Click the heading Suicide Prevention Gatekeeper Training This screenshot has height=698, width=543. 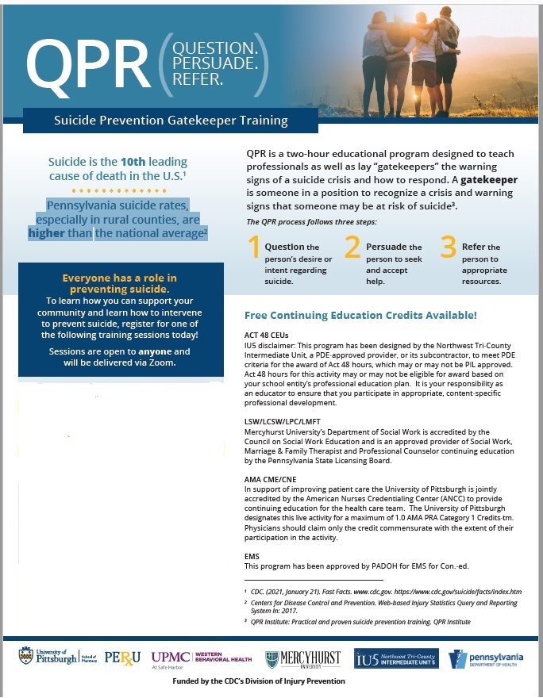[x=171, y=121]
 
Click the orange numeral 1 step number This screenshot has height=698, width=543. [x=254, y=249]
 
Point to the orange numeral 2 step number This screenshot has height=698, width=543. [x=352, y=249]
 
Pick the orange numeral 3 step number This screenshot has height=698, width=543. [x=449, y=249]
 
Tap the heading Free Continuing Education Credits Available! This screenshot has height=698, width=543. [x=360, y=315]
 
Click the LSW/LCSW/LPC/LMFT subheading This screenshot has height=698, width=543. [x=284, y=422]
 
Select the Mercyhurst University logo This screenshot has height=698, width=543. [x=302, y=658]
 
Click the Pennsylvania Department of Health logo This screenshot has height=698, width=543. [x=486, y=658]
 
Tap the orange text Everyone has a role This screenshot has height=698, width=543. [x=119, y=278]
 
